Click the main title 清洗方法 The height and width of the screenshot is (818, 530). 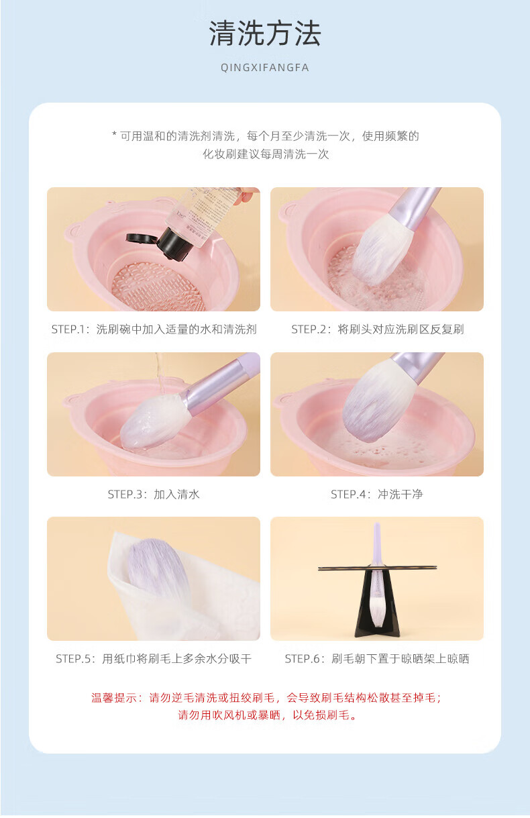[265, 34]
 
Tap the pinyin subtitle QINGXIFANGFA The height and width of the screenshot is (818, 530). [265, 68]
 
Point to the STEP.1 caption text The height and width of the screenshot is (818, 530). [154, 329]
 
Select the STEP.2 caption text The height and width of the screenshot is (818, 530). [377, 329]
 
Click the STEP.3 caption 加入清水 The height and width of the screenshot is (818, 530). [154, 495]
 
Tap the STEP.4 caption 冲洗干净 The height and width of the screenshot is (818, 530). [377, 495]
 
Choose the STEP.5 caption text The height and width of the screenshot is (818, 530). [154, 659]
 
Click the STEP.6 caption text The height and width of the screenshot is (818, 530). [377, 659]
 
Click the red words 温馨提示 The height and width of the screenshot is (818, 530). [114, 698]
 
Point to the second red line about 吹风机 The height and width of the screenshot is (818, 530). [267, 715]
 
